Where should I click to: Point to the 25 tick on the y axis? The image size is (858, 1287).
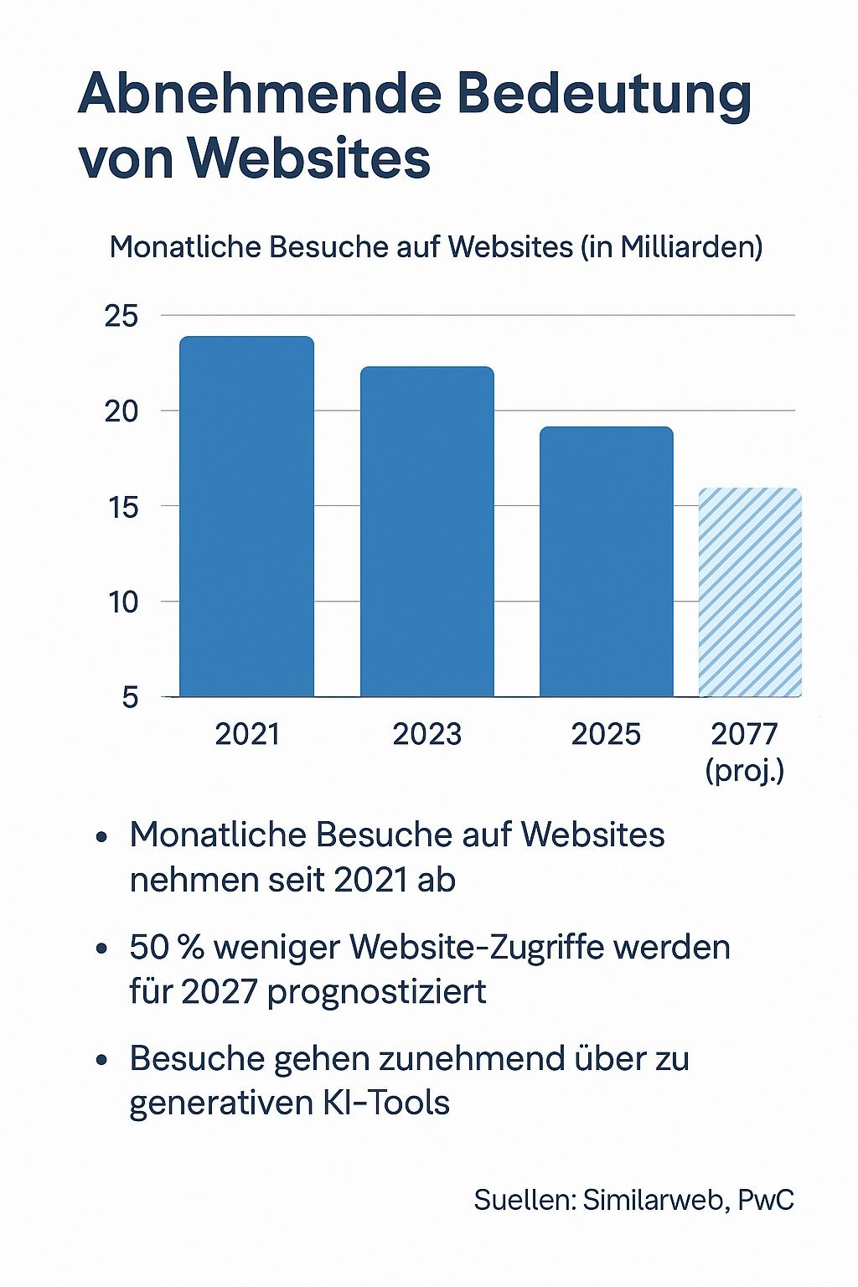[121, 317]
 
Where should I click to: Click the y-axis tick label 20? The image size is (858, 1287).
[121, 411]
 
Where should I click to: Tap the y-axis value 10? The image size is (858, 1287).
[122, 602]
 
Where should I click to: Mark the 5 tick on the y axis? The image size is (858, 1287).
[129, 697]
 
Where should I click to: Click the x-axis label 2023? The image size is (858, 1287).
[426, 734]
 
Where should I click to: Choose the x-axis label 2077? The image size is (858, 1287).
[745, 734]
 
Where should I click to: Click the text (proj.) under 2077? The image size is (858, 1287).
[745, 770]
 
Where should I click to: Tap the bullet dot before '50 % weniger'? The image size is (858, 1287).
[102, 949]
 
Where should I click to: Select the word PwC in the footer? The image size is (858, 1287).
[766, 1199]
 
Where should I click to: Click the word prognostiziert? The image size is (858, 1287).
[377, 992]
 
